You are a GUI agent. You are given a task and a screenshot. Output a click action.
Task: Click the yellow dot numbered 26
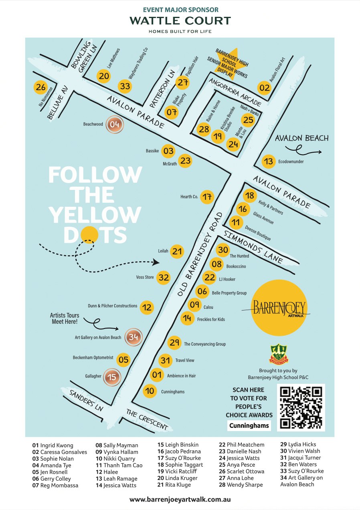click(40, 87)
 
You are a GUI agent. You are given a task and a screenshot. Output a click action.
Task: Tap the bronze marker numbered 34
click(133, 337)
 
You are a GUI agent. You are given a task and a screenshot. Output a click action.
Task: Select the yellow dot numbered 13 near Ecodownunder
click(269, 161)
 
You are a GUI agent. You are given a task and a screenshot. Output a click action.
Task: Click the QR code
click(301, 407)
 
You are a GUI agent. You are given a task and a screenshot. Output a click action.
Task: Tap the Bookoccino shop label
click(236, 266)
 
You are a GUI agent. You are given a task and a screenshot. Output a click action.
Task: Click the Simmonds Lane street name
click(253, 248)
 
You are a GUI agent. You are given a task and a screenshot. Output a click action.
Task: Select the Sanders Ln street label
click(86, 401)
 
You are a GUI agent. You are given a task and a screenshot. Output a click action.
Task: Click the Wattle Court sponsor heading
click(180, 21)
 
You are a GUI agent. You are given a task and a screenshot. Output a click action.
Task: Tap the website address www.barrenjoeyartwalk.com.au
click(180, 500)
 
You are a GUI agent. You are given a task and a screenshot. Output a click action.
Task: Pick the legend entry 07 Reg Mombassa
click(55, 486)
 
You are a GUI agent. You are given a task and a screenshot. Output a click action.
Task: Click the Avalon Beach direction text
click(301, 138)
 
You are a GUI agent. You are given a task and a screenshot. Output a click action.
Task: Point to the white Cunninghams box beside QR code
click(249, 425)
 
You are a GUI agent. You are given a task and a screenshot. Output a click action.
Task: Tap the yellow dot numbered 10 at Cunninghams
click(150, 391)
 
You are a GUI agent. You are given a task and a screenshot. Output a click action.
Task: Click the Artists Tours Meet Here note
click(65, 318)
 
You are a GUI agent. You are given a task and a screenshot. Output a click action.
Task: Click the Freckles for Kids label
click(211, 319)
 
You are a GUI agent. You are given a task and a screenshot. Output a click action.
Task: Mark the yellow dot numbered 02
click(264, 88)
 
